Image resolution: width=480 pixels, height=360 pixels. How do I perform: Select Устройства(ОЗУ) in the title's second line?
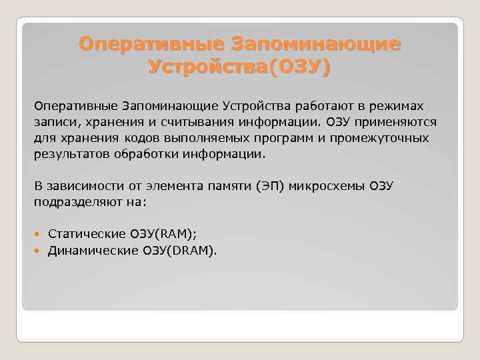click(x=239, y=67)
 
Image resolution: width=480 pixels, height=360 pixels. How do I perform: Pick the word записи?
click(x=53, y=123)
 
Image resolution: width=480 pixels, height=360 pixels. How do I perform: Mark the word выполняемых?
click(x=209, y=139)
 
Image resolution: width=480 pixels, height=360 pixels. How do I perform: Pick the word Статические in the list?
click(x=87, y=234)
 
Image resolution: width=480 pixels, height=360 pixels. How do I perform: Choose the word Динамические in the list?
click(x=92, y=250)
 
